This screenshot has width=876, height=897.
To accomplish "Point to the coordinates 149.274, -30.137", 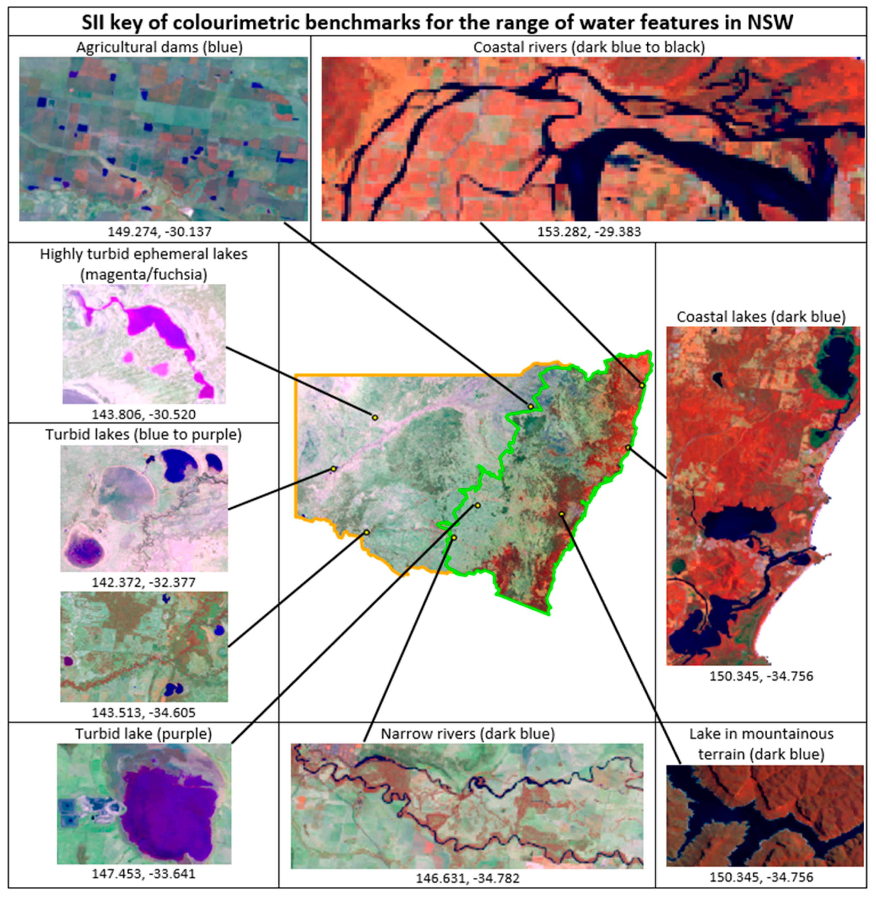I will pos(159,231).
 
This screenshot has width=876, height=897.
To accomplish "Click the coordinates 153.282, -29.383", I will pos(589,231).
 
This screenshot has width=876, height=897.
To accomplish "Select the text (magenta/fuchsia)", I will pos(144,274).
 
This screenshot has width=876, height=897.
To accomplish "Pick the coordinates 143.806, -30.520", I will pos(144,414).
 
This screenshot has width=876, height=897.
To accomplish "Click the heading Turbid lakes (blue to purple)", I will pos(144,434).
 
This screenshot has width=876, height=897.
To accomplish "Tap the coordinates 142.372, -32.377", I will pos(144,582).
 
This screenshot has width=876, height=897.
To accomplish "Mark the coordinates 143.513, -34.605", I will pos(144,712).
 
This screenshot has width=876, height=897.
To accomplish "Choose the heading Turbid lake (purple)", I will pos(144,734).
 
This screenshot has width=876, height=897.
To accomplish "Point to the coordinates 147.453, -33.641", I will pos(144,873).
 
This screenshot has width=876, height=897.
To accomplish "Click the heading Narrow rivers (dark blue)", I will pos(468,734).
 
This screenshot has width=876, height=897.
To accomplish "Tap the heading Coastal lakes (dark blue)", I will pos(761,317).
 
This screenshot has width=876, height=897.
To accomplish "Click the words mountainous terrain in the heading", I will pos(761,744).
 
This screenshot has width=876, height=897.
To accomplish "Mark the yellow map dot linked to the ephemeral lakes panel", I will pos(375,417).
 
